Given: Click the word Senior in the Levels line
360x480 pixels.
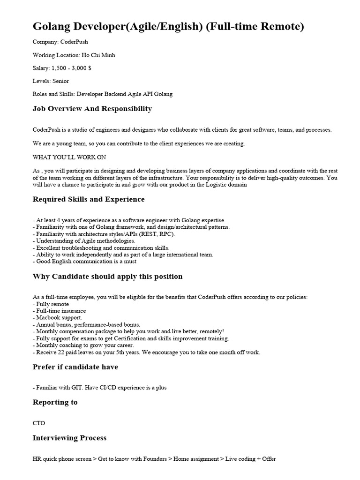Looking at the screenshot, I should pyautogui.click(x=61, y=81).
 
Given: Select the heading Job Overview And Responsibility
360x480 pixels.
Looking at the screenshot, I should pyautogui.click(x=92, y=109).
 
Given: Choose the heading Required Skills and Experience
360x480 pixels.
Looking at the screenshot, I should pyautogui.click(x=89, y=199).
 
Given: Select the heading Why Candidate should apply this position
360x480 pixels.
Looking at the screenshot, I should pyautogui.click(x=107, y=276).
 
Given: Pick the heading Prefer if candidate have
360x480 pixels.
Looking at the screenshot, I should pyautogui.click(x=75, y=367).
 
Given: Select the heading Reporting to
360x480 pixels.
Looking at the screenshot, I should pyautogui.click(x=55, y=402).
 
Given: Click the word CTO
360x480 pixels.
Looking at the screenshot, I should pyautogui.click(x=39, y=423).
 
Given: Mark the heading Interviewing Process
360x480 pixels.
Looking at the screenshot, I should pyautogui.click(x=69, y=438).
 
